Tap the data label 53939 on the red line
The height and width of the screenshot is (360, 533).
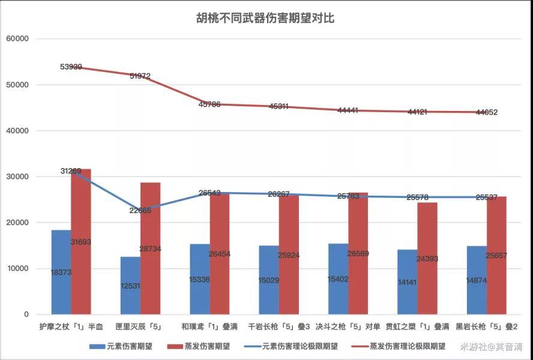coord(71,67)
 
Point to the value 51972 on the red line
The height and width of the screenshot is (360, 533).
coord(140,76)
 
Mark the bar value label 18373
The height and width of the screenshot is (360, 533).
coord(61,272)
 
